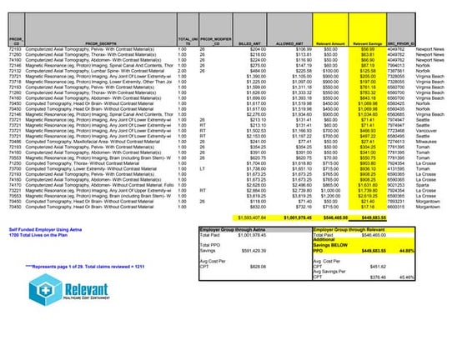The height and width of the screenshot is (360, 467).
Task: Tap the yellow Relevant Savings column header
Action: tap(367, 39)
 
